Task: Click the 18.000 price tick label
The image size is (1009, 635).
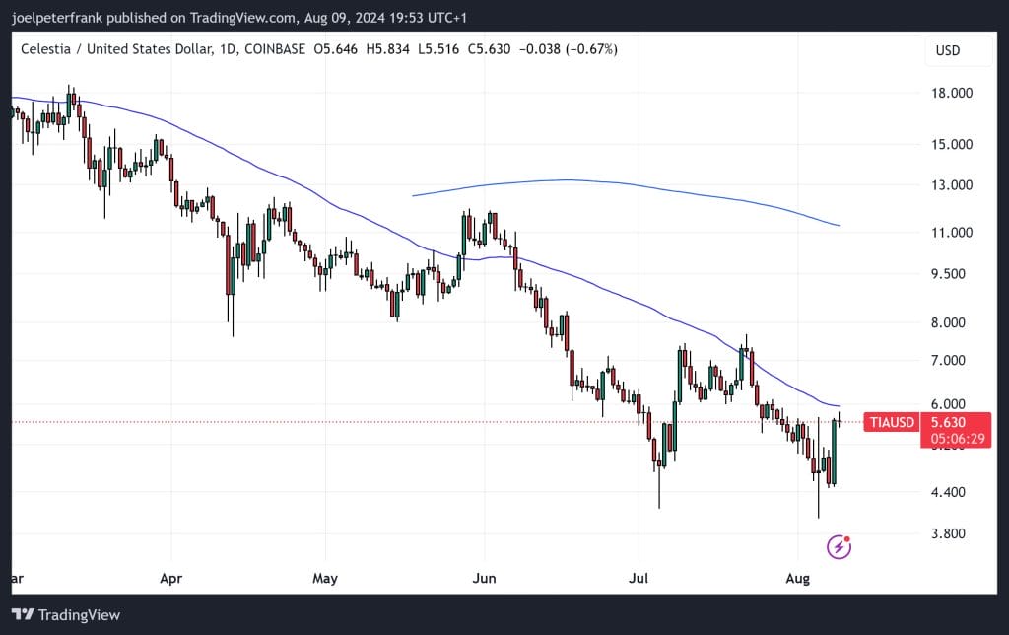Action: (x=951, y=94)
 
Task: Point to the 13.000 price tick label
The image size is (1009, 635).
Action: (x=951, y=185)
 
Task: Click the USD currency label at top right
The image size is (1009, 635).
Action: (x=948, y=50)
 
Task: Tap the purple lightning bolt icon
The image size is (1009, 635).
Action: (x=839, y=546)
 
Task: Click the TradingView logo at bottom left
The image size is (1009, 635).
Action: (x=66, y=615)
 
